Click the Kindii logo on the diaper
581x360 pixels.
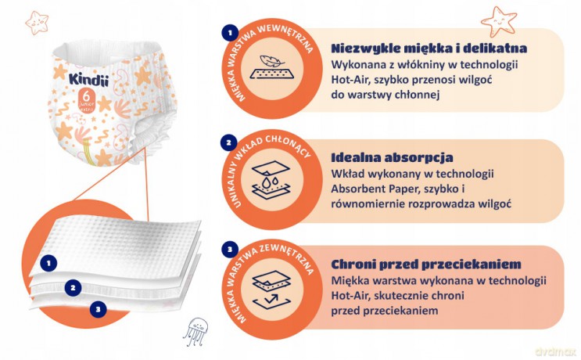tap(88, 80)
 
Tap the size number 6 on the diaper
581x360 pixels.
tap(86, 96)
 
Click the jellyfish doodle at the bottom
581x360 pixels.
tap(195, 331)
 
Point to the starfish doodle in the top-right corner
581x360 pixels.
tap(499, 21)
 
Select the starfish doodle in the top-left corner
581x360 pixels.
tap(37, 23)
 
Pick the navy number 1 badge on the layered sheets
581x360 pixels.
tap(48, 264)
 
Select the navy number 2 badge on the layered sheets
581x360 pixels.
tap(73, 288)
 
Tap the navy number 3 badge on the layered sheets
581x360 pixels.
tap(99, 309)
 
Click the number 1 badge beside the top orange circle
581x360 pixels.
tap(230, 33)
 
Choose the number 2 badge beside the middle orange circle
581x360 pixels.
tap(228, 142)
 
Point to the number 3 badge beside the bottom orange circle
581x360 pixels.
tap(230, 249)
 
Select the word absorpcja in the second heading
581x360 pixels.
tap(418, 157)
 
